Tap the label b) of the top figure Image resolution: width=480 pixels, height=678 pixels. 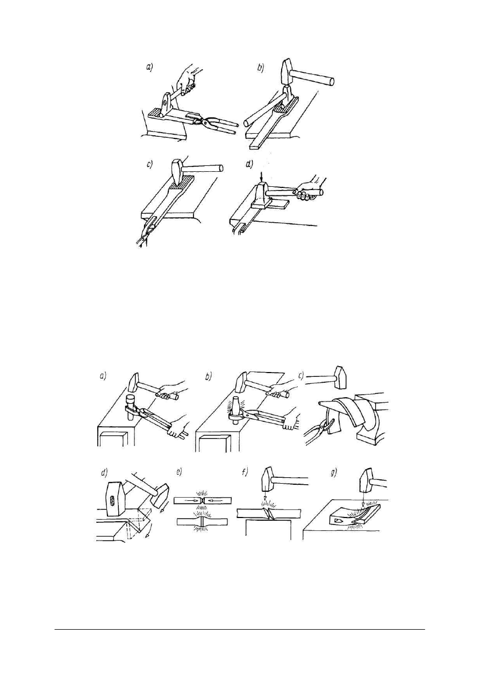261,68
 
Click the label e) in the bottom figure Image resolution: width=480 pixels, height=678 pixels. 180,473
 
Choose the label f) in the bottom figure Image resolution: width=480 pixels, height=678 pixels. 245,472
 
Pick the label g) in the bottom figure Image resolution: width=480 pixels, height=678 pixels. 334,473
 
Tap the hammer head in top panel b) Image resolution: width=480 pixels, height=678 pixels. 286,72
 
